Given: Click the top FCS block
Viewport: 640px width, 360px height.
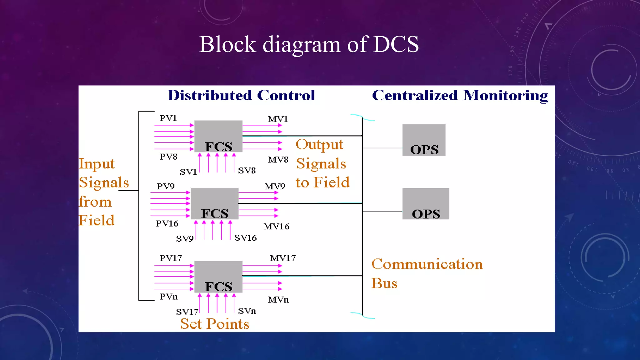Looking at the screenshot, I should [x=218, y=136].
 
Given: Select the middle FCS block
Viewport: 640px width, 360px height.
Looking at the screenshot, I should [x=214, y=203].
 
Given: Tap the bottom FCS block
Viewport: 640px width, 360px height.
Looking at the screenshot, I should [x=218, y=277].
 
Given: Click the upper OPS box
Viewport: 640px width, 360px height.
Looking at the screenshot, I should [x=424, y=140].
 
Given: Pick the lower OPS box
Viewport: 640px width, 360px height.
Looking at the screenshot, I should [x=426, y=203].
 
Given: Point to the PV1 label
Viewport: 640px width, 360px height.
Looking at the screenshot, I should [x=168, y=118].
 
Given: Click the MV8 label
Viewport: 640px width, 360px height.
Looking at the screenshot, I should [x=278, y=160].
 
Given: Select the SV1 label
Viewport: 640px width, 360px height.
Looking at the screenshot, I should [x=188, y=172].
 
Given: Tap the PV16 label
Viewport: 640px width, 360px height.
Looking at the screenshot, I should [x=167, y=223].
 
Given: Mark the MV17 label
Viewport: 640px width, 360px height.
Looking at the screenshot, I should [x=282, y=258].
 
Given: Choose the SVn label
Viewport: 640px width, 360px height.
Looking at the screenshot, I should [x=247, y=311].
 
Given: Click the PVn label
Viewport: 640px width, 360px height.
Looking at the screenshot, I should [x=168, y=297].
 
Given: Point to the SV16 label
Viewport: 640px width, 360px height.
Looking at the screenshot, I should [x=245, y=238].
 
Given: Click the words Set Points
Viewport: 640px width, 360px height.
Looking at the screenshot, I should [x=215, y=324].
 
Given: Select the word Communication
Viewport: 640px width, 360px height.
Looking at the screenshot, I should [x=427, y=264].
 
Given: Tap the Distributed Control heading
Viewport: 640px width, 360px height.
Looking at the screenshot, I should [x=241, y=95].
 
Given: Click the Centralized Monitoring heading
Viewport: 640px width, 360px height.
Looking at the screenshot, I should [x=460, y=95].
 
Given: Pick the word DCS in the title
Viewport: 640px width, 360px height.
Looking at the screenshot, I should [x=396, y=44].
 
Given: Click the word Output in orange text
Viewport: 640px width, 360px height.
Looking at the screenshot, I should [x=319, y=145].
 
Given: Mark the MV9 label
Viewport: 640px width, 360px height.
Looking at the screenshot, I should [x=275, y=187].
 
